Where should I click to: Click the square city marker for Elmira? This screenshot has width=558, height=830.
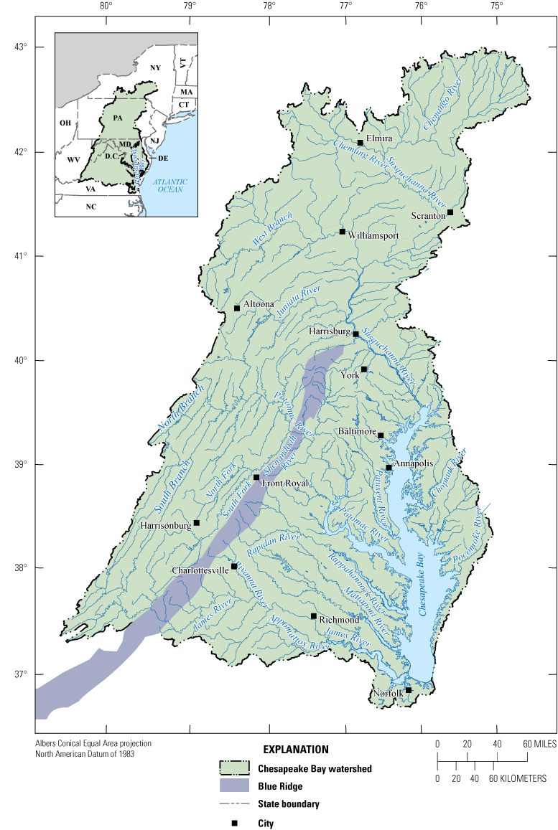360,143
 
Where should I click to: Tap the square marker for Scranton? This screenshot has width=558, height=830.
450,212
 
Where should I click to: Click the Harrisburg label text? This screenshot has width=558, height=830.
330,332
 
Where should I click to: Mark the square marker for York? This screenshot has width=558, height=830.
364,369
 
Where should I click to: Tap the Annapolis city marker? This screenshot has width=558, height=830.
389,468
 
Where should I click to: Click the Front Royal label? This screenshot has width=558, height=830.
284,484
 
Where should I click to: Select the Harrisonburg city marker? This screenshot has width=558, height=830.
196,523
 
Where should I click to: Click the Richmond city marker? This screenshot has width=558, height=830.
314,616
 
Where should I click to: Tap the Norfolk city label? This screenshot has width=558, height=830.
388,694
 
